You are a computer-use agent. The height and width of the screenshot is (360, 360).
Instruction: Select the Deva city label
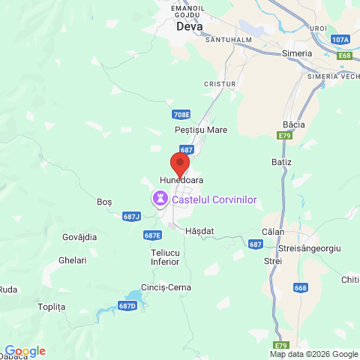click(x=190, y=26)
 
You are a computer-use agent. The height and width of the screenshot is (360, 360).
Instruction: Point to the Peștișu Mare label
click(x=200, y=130)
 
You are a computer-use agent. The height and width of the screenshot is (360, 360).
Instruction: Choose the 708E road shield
click(x=181, y=115)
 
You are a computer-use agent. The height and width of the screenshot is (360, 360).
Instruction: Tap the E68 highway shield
click(x=345, y=55)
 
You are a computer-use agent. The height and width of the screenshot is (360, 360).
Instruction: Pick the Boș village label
click(x=104, y=202)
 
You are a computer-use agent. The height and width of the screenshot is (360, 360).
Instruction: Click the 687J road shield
click(x=131, y=216)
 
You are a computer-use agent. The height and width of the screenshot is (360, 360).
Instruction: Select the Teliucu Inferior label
click(x=165, y=257)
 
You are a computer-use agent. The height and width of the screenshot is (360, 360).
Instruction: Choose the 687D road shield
click(x=127, y=306)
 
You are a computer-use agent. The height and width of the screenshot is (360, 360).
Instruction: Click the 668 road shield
click(x=301, y=288)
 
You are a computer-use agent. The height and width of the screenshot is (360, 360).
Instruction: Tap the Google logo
click(x=25, y=351)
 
